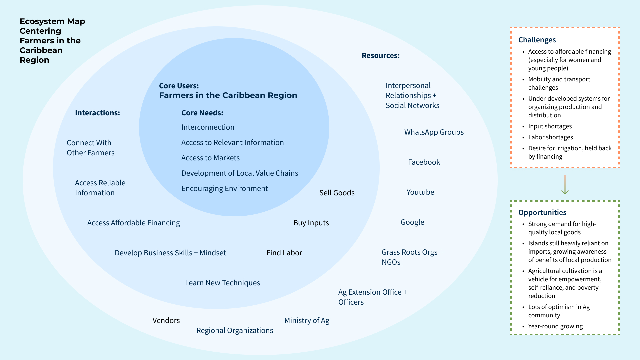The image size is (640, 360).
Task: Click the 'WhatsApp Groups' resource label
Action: tap(434, 132)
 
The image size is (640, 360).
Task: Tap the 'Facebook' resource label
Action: tap(424, 162)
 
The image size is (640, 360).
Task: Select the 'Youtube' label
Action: tap(420, 192)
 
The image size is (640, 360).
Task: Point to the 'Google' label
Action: tap(412, 222)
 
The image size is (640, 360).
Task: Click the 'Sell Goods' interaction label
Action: tap(337, 193)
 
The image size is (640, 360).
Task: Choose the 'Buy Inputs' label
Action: tap(311, 223)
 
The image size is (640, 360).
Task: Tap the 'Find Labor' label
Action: tap(284, 253)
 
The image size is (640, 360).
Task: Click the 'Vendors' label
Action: tap(166, 321)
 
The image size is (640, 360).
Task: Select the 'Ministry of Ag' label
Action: tap(307, 321)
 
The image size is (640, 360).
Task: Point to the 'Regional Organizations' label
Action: tap(234, 331)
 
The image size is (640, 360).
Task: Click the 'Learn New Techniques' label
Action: tap(222, 283)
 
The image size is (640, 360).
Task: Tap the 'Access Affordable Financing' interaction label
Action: tap(133, 223)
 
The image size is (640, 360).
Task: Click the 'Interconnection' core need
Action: tap(208, 127)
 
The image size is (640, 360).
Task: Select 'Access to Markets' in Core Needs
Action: tap(210, 158)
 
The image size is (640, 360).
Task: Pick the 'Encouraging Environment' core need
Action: tap(224, 189)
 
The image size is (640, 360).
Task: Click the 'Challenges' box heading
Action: tap(537, 40)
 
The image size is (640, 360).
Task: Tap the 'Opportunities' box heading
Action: tap(542, 213)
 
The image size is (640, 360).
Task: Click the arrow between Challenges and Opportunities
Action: tap(565, 185)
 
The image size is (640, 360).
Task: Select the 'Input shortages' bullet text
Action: tap(550, 126)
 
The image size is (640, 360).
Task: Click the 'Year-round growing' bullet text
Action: tap(555, 326)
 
